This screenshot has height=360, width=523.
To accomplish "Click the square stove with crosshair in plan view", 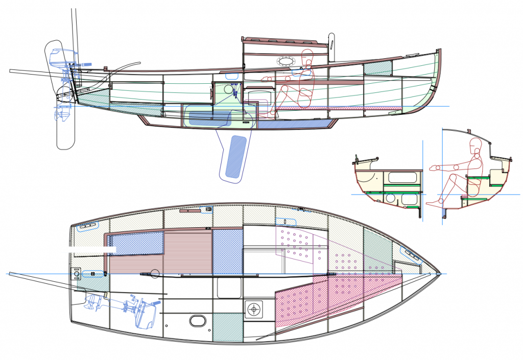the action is [x=253, y=309].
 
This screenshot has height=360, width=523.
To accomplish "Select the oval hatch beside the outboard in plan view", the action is [x=197, y=321].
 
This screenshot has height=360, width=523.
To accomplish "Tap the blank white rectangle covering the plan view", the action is [x=92, y=249].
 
